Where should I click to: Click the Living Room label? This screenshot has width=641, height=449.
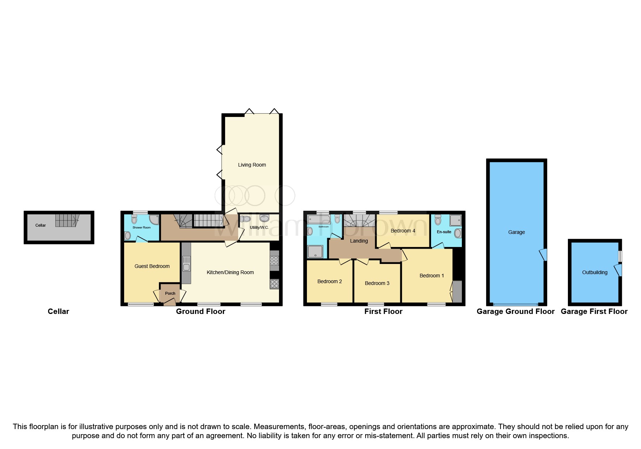(x=252, y=165)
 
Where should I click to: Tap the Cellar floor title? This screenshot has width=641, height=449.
(x=58, y=311)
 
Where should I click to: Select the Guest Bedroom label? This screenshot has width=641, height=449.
(x=152, y=266)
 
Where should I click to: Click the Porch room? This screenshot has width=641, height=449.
(x=170, y=293)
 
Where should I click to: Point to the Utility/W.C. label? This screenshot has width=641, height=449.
(x=259, y=227)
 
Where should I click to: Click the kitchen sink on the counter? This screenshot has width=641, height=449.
(x=186, y=267)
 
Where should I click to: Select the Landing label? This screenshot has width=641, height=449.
(x=359, y=241)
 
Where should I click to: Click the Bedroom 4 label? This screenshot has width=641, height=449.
(x=403, y=231)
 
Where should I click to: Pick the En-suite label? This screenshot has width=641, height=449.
(x=444, y=232)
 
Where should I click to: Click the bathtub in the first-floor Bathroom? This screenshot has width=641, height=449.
(x=319, y=219)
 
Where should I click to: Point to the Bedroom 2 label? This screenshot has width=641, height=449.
(x=329, y=281)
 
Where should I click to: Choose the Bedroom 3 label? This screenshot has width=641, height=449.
(x=377, y=283)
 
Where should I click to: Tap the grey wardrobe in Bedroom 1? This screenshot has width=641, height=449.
(x=457, y=291)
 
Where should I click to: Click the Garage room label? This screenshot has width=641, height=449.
(x=516, y=232)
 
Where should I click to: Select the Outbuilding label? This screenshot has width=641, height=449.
(x=595, y=272)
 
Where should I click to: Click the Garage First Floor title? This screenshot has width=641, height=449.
(x=594, y=311)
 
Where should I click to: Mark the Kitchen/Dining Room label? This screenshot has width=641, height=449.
(x=230, y=272)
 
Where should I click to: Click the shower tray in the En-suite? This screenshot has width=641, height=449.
(x=456, y=220)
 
